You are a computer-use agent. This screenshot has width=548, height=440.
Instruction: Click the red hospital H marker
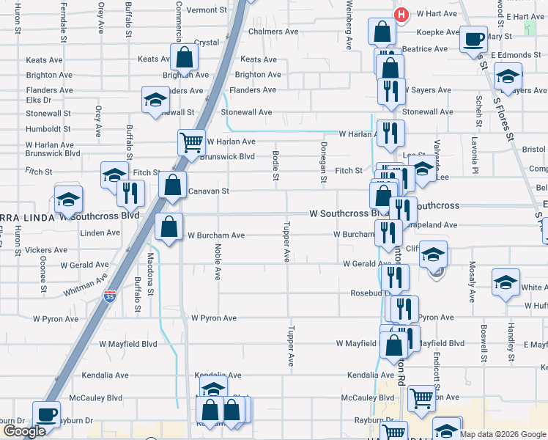coord(401,15)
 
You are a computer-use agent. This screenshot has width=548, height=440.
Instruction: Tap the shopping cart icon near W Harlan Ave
coord(191,141)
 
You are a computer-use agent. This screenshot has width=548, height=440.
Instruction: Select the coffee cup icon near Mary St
coord(473,38)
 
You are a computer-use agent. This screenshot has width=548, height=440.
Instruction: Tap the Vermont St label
coord(207,10)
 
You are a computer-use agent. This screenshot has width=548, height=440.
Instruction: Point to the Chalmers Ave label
coord(273,32)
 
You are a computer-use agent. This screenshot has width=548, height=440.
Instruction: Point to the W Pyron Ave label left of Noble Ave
coord(54,319)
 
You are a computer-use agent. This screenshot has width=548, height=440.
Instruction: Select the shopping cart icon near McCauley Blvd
coord(421,398)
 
